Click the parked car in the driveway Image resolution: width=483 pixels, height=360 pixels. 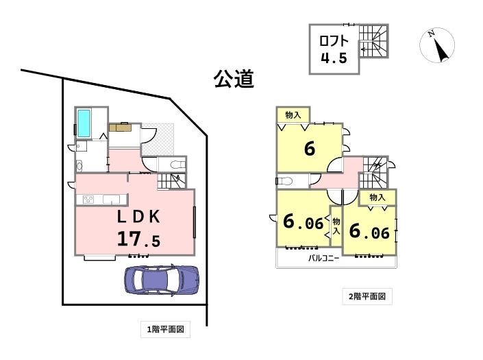pos(161,278)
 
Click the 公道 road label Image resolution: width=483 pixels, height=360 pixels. pos(234,79)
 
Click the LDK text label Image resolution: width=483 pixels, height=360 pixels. pos(138,217)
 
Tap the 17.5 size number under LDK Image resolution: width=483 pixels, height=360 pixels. pos(138,240)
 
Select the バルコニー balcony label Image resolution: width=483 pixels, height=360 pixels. pos(323,259)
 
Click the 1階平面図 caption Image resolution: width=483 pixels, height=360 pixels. pos(165,330)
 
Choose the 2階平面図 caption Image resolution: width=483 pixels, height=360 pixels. pos(367,297)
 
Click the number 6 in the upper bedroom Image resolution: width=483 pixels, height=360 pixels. pos(309,148)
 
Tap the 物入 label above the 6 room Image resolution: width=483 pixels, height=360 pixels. pos(293,115)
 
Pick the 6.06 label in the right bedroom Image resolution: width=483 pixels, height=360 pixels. pos(369,231)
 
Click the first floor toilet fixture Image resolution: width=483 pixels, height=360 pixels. pos(176,165)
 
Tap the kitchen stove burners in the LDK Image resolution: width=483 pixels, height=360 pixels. pos(90,200)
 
